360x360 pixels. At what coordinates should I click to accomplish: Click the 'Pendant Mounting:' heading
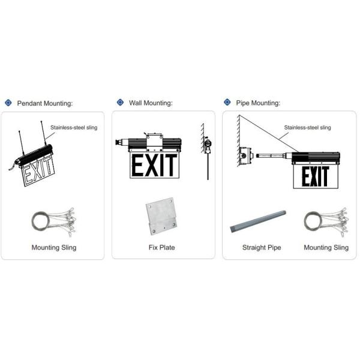(x=45, y=103)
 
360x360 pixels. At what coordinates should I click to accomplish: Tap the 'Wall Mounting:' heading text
(x=151, y=103)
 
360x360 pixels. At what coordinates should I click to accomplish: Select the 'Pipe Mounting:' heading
(x=258, y=103)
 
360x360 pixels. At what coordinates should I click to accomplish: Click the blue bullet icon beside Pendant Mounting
(x=8, y=103)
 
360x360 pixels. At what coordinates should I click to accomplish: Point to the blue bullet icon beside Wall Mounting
(x=120, y=103)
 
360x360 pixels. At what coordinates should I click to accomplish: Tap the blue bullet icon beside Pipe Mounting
(x=227, y=103)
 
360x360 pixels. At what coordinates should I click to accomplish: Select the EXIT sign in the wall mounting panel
(x=154, y=166)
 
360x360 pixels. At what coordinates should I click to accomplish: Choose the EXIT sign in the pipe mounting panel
(x=315, y=176)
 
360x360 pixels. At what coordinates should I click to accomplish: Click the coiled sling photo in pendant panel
(x=53, y=221)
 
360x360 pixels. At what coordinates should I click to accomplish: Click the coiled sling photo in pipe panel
(x=325, y=221)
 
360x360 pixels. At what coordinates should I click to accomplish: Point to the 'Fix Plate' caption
(x=161, y=247)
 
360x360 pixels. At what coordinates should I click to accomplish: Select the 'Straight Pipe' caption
(x=262, y=247)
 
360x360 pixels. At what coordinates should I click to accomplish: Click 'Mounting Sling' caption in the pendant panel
(x=53, y=247)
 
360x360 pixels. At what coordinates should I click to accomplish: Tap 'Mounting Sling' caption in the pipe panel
(x=326, y=247)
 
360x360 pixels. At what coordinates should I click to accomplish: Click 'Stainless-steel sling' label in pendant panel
(x=74, y=127)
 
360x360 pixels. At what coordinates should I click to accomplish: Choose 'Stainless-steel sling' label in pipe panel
(x=307, y=127)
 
